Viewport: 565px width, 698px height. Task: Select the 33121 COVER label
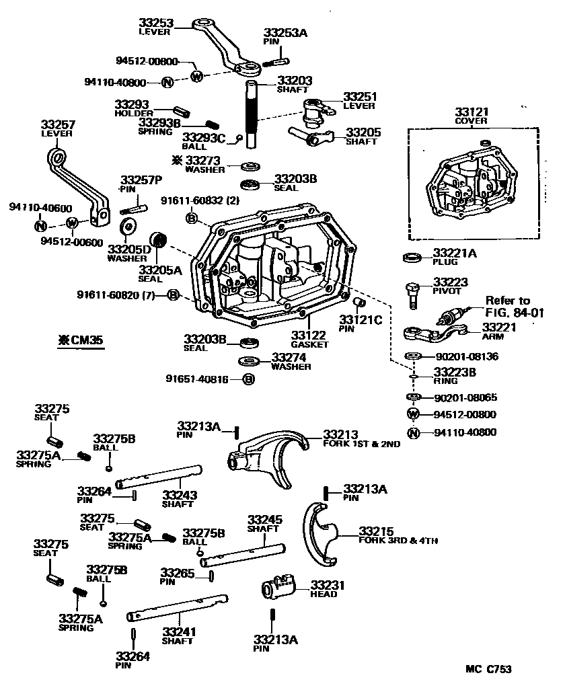[472, 116]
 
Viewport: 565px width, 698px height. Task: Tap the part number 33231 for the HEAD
[328, 586]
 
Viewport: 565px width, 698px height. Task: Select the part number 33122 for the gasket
[309, 335]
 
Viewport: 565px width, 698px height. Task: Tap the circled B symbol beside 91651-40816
[248, 379]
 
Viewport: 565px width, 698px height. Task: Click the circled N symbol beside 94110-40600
[40, 225]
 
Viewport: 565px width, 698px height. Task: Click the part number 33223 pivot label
[450, 282]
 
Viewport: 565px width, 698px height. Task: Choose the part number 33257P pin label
[141, 180]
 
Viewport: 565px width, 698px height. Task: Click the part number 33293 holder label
[130, 104]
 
